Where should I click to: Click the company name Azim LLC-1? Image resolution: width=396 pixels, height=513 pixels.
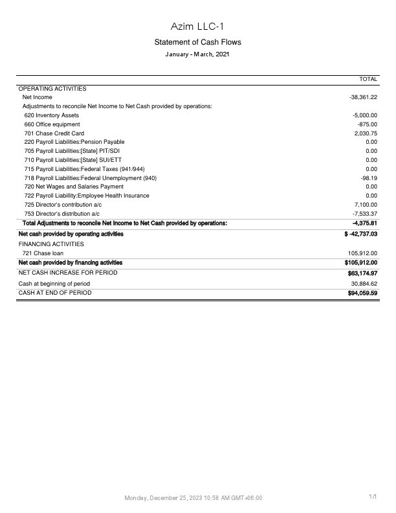tap(197, 26)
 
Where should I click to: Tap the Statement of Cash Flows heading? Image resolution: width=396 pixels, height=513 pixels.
tap(197, 42)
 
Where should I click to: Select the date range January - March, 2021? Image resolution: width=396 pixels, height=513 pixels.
tap(197, 54)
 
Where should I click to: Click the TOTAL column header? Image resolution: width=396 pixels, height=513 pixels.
tap(368, 79)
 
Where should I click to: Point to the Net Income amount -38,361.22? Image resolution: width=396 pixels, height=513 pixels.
tap(363, 97)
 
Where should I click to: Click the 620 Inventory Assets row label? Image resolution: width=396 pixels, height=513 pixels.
tap(52, 115)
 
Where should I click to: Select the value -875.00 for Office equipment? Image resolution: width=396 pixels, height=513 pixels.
tap(367, 124)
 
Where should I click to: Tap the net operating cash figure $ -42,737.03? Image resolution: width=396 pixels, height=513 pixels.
tap(361, 234)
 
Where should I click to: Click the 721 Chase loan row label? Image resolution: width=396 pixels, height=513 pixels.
tap(43, 253)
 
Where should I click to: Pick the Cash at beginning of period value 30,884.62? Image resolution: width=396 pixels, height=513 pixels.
tap(364, 284)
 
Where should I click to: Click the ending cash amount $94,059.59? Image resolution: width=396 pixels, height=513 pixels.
tap(362, 293)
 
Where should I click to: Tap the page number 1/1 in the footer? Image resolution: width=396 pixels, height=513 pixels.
tap(373, 497)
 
